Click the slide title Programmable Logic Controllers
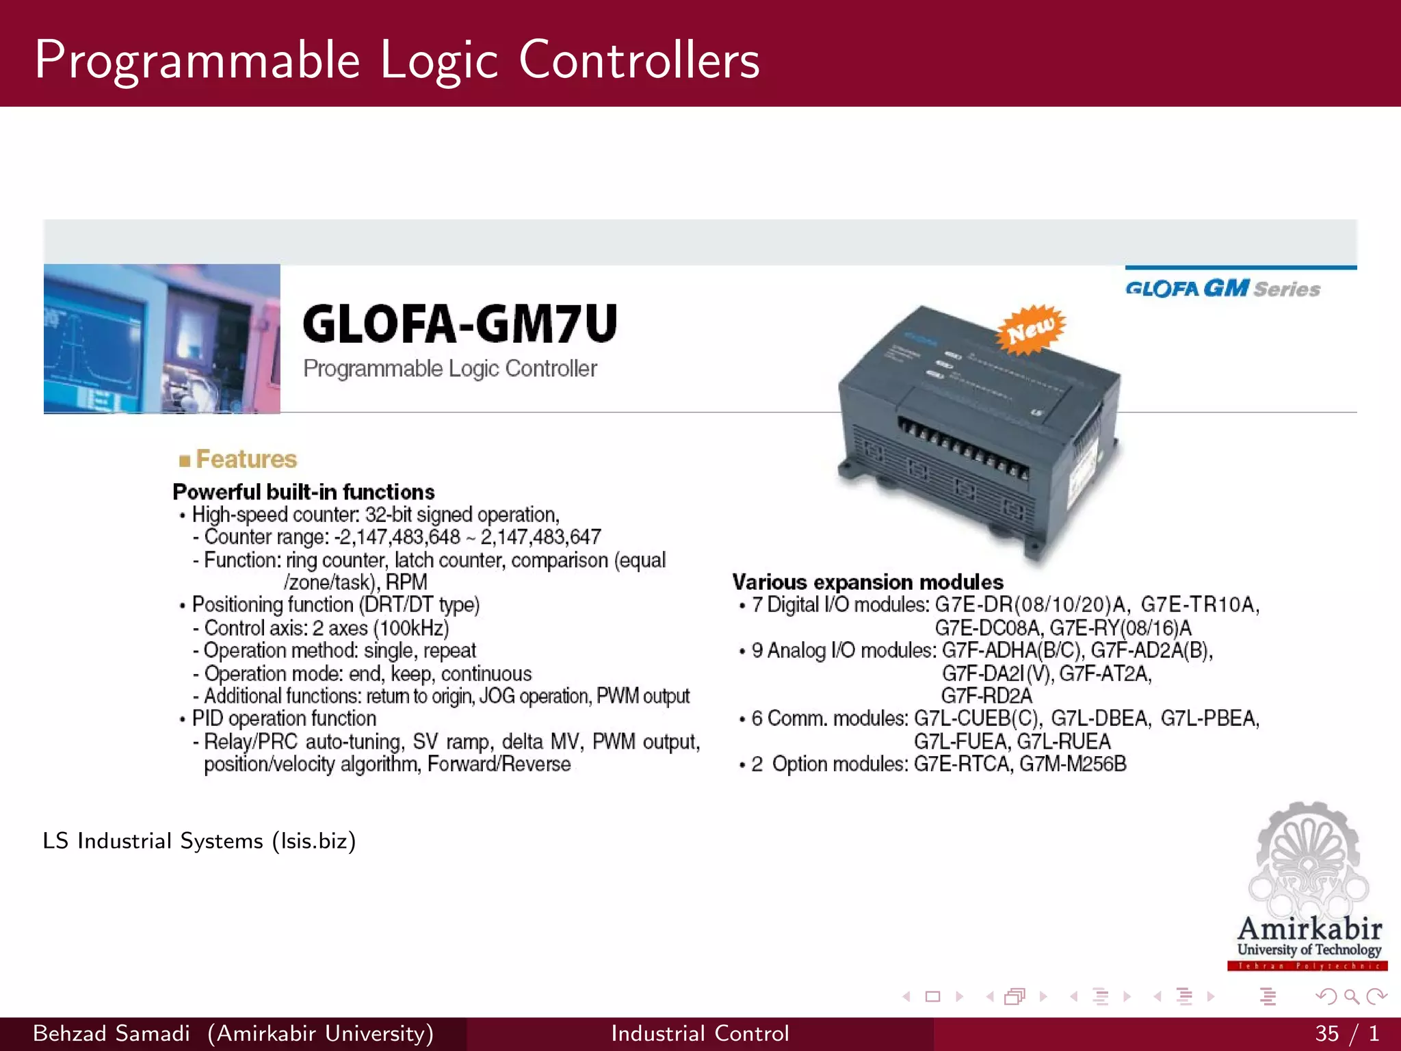tap(397, 60)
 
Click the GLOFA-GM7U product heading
tap(460, 324)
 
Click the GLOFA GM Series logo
tap(1222, 288)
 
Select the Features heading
tap(246, 459)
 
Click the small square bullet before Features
tap(184, 460)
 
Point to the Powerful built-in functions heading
tap(303, 492)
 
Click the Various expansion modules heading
tap(867, 582)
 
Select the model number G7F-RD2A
tap(986, 696)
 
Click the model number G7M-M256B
tap(1073, 764)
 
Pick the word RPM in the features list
tap(406, 582)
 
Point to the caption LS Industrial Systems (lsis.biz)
tap(199, 841)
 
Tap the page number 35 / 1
tap(1346, 1033)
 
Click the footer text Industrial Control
tap(700, 1033)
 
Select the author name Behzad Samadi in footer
tap(112, 1033)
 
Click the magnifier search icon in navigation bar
tap(1351, 997)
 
